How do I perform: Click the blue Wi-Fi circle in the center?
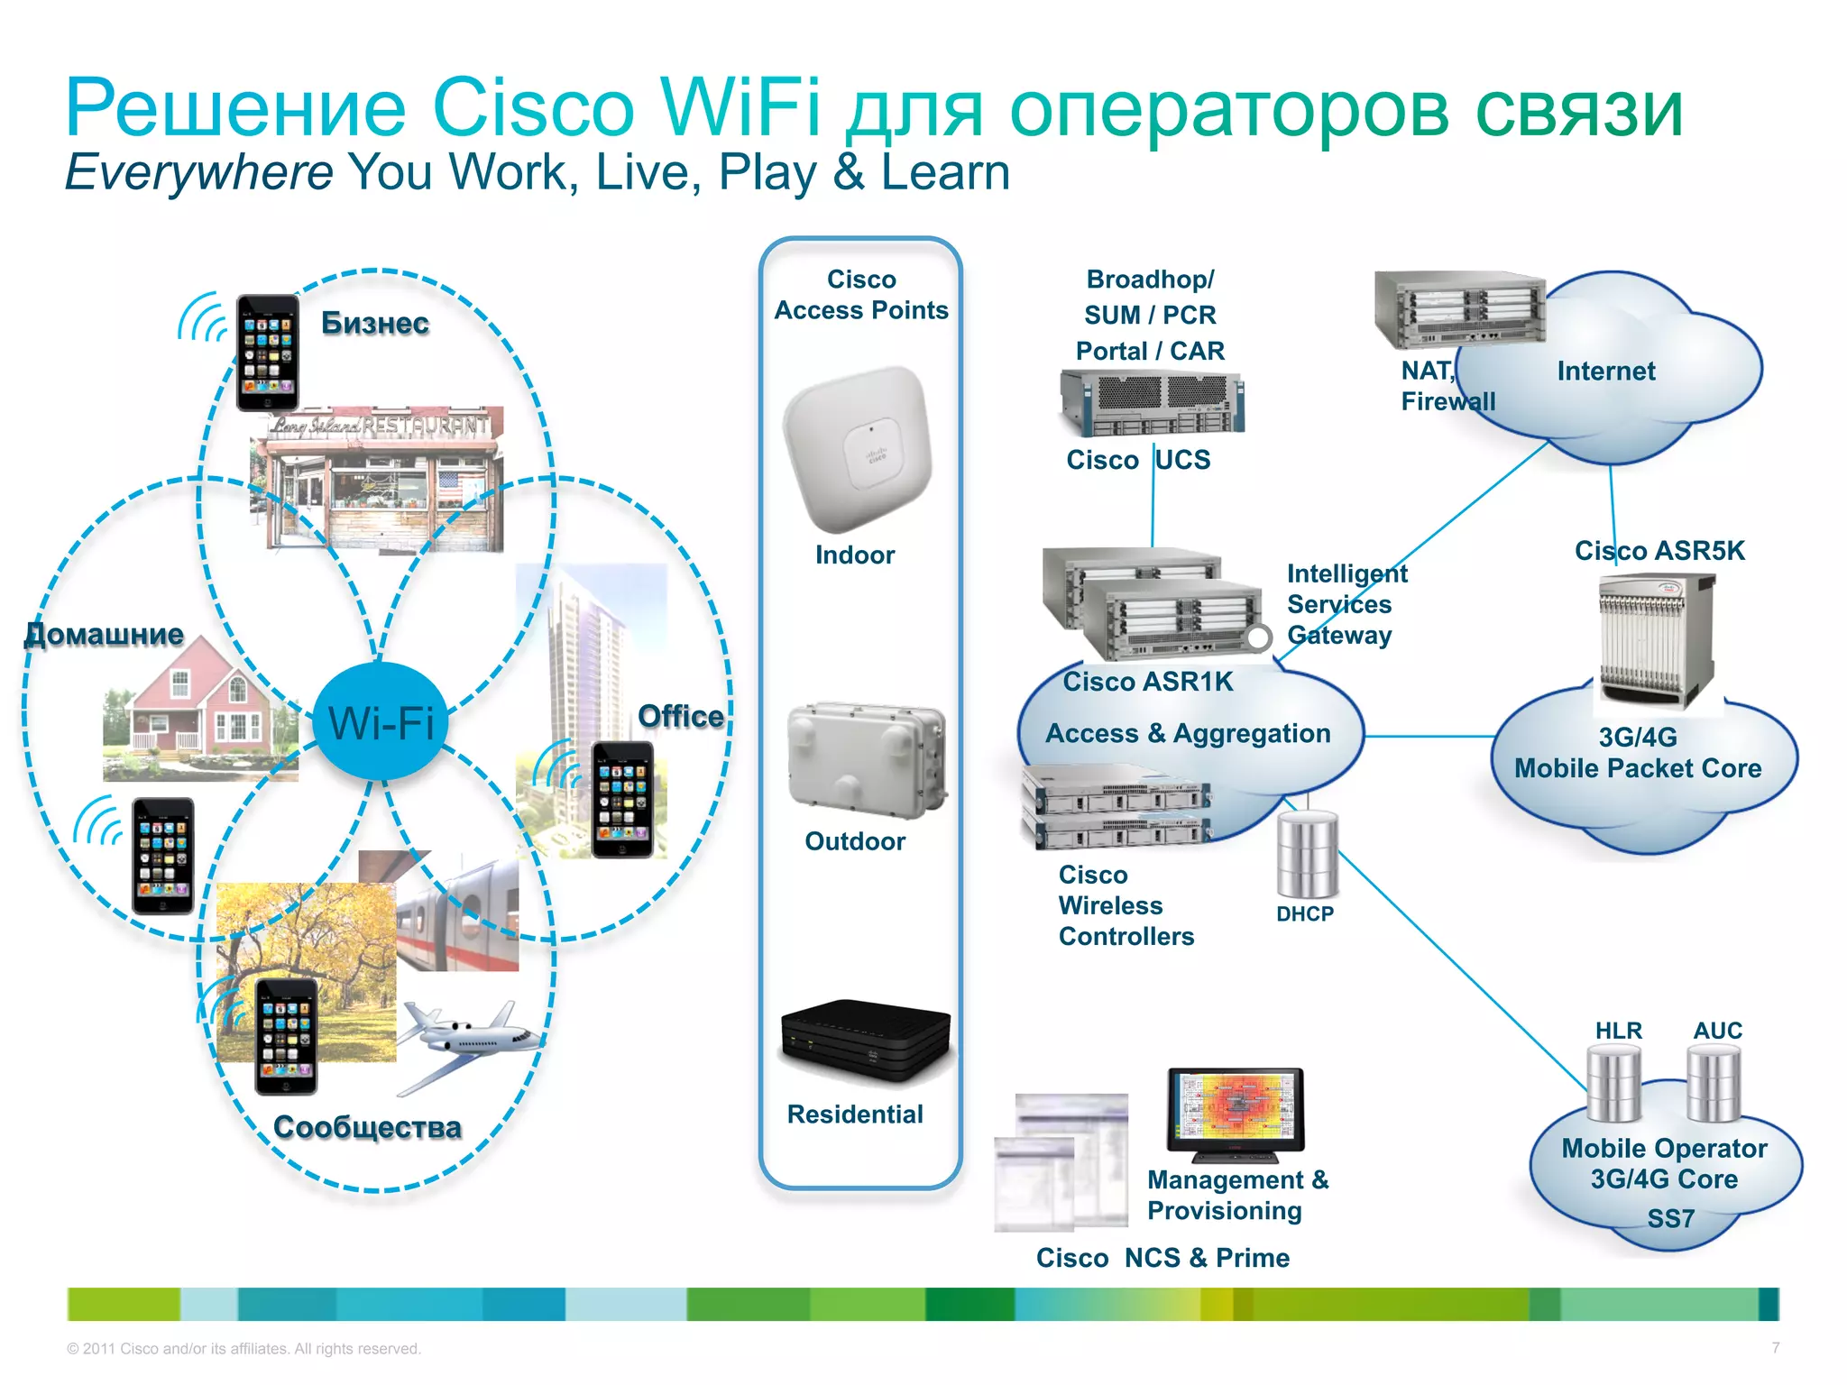click(381, 721)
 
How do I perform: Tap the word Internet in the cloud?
click(1605, 371)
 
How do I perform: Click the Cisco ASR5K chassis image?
click(1657, 641)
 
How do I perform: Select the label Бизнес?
click(375, 323)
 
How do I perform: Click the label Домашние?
click(105, 634)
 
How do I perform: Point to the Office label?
click(681, 716)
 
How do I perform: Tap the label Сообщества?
click(367, 1126)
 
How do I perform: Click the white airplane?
click(469, 1041)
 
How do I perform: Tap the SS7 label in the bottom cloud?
click(1670, 1218)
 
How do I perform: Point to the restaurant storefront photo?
click(377, 478)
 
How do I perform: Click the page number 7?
click(1775, 1348)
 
